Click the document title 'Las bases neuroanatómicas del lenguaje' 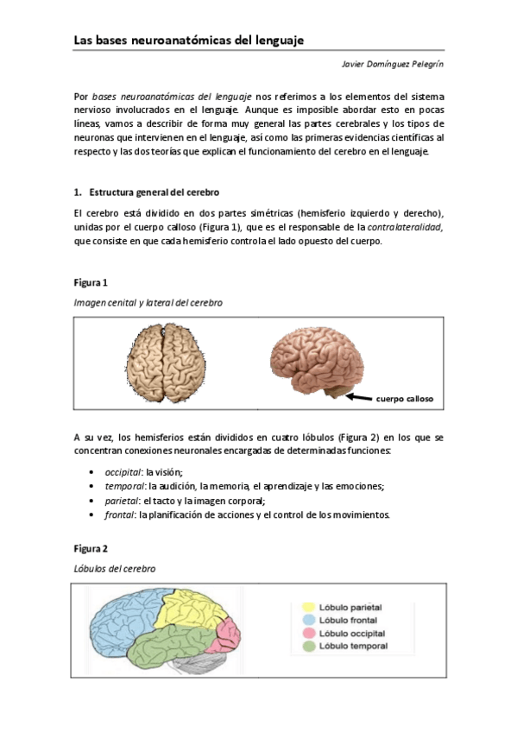click(188, 41)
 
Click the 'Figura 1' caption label click(91, 282)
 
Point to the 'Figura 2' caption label click(91, 548)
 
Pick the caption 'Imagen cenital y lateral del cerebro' click(141, 302)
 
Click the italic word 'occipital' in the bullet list click(123, 472)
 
